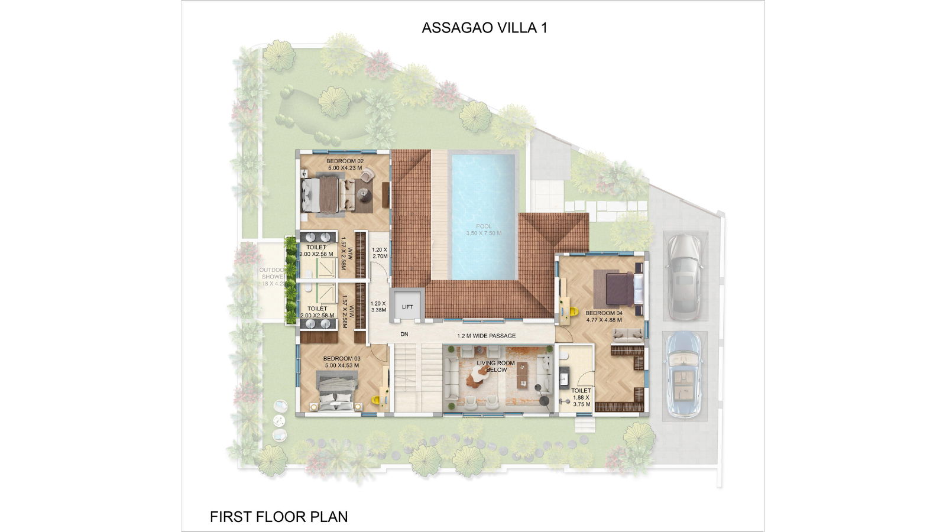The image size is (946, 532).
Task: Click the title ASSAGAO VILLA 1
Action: pos(484,28)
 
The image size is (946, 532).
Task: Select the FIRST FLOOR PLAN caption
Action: pos(278,517)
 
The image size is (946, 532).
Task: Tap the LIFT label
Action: pos(407,307)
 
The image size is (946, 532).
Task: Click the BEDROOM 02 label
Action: pos(345,164)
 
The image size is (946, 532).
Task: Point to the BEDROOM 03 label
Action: pos(342,362)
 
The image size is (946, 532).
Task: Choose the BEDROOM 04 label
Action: pos(604,316)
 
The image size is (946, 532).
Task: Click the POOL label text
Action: pos(484,229)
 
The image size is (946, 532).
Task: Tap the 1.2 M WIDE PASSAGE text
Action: pos(486,336)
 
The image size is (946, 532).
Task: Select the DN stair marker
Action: pos(404,335)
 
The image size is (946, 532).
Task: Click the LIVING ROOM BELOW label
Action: pos(495,366)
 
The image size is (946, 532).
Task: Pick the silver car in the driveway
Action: pos(684,276)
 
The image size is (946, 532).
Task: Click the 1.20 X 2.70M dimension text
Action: pos(380,253)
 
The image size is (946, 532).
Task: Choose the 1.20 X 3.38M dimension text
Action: pos(378,306)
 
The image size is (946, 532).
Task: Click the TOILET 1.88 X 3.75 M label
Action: pos(581,397)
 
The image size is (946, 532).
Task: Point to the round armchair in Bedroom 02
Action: pos(368,175)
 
